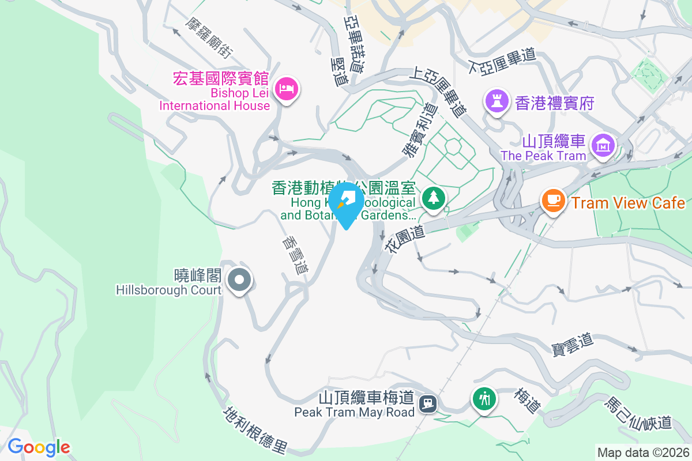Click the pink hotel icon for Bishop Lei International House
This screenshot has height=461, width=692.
pos(287,89)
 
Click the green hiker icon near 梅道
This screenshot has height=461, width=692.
pos(484,398)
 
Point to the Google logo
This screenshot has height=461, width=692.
pos(39,447)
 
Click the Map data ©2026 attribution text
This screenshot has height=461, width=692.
pos(642,452)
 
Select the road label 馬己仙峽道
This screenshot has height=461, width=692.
pos(638,413)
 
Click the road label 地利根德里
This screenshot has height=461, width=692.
pos(255,430)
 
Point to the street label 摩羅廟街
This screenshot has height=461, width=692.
pos(209,37)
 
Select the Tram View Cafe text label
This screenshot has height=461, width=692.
pos(628,203)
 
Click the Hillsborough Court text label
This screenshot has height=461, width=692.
pos(168,290)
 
